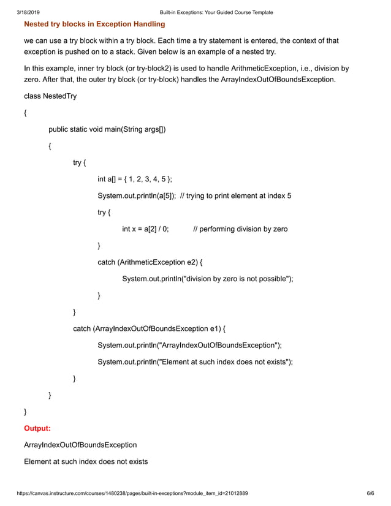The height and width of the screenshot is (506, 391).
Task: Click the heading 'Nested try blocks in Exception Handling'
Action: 94,25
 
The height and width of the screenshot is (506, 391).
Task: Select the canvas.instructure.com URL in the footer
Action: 132,493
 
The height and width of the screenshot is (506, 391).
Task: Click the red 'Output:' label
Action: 37,428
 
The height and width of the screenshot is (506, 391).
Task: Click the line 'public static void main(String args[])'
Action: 107,129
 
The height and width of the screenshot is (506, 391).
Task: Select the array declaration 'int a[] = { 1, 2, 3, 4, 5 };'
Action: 135,179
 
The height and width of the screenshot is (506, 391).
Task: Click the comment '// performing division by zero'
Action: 240,229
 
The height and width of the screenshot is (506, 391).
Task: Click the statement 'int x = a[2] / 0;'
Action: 145,229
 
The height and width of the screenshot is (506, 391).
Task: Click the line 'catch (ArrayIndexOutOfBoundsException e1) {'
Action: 150,328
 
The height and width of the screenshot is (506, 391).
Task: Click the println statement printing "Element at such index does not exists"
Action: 195,361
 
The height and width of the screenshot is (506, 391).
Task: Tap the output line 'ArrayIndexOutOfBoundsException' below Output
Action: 80,444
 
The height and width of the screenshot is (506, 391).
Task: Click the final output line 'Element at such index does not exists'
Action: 86,461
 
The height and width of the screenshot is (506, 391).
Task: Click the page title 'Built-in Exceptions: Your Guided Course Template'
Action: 216,12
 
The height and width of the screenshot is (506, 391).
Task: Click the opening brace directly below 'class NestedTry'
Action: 25,113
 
